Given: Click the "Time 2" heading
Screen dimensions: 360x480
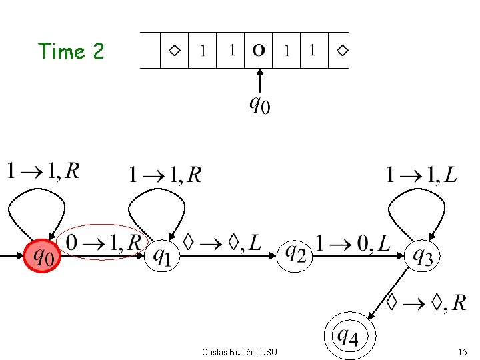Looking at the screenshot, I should click(71, 51).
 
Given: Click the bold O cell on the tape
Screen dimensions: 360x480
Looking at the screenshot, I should click(259, 51).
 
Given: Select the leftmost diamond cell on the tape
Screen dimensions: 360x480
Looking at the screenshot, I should click(175, 51).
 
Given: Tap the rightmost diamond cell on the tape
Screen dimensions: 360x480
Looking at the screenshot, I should click(342, 51).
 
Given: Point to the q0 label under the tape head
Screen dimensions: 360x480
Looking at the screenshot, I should click(259, 104).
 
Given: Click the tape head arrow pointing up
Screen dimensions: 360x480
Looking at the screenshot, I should click(259, 81).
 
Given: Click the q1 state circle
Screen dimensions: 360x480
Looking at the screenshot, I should click(162, 255).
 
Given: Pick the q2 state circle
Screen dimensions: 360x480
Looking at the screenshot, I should click(295, 254).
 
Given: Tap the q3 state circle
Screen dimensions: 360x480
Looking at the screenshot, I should click(423, 255).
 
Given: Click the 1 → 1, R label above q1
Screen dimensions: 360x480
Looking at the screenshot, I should click(164, 175).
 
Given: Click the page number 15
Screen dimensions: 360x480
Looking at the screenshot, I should click(462, 352).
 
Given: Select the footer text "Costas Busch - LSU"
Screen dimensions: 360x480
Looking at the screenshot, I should click(239, 352).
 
